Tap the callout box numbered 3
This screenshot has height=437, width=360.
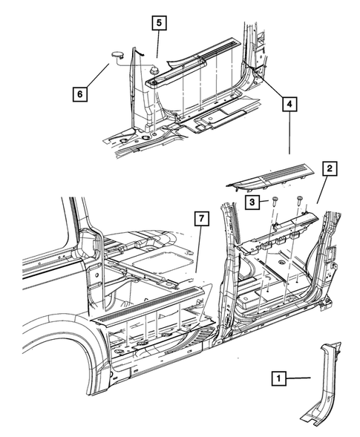pyautogui.click(x=253, y=202)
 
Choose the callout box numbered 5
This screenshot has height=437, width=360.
pyautogui.click(x=159, y=22)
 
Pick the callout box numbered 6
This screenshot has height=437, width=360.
pyautogui.click(x=79, y=94)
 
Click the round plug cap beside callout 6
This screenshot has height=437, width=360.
pyautogui.click(x=117, y=53)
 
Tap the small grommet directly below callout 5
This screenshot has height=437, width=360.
pyautogui.click(x=154, y=70)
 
